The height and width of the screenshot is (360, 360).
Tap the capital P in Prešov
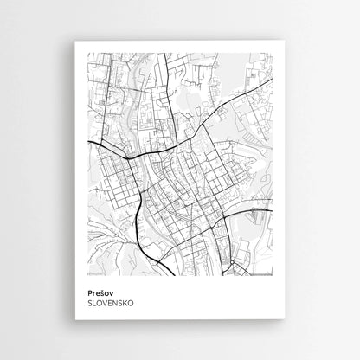tap(89, 292)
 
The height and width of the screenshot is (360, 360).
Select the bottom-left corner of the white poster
tap(75, 318)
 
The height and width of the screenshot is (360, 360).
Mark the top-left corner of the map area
tap(87, 53)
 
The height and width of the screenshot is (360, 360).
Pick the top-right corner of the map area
tap(273, 53)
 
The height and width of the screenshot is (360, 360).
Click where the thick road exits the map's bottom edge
tap(172, 276)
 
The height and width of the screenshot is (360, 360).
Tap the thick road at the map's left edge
tap(88, 140)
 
